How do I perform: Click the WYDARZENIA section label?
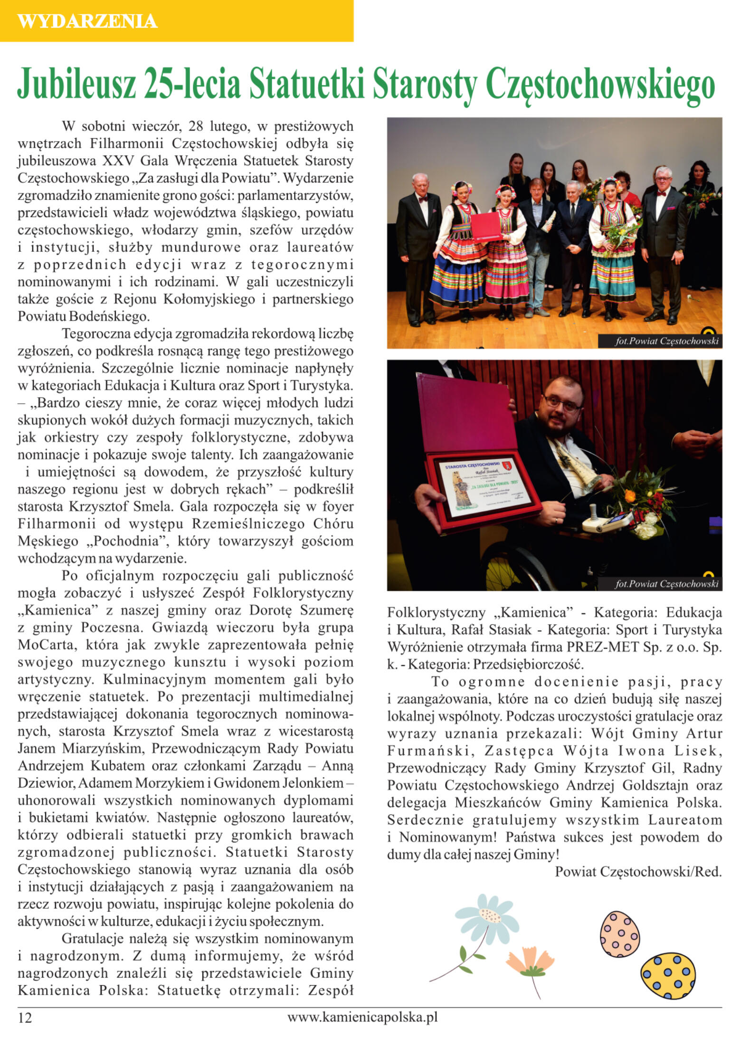[87, 21]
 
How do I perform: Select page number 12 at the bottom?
[25, 1017]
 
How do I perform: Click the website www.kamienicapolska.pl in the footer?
[362, 1017]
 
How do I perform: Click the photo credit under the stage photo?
[666, 341]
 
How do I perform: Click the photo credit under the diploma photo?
[666, 583]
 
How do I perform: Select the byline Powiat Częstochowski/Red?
[638, 871]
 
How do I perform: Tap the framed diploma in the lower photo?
[484, 487]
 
